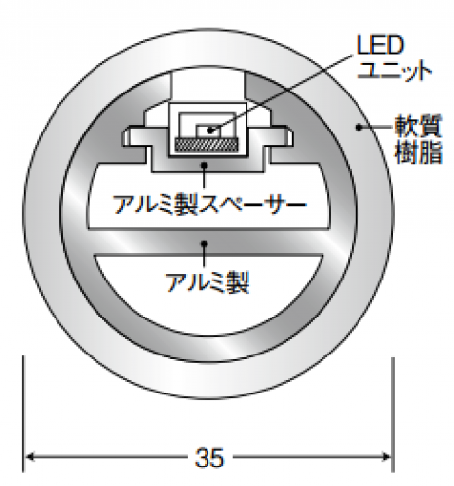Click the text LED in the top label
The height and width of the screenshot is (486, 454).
380,45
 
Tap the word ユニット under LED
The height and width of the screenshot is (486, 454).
395,70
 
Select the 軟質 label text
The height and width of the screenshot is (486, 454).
419,126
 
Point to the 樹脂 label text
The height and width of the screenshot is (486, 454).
419,152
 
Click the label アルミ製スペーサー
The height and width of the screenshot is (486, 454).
209,205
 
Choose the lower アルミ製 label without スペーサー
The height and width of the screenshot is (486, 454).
208,282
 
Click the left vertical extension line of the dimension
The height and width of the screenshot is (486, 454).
23,414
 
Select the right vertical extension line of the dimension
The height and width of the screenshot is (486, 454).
393,415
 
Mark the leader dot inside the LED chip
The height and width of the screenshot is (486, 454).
210,131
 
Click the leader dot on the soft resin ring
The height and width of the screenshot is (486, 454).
359,127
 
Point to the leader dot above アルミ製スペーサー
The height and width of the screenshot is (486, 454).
204,165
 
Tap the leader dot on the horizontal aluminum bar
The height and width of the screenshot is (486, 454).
204,243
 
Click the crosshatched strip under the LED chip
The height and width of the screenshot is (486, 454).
207,144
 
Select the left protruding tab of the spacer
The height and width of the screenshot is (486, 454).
134,138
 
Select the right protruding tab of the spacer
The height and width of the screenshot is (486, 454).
281,138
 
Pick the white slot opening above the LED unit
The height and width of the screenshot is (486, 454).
208,85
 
